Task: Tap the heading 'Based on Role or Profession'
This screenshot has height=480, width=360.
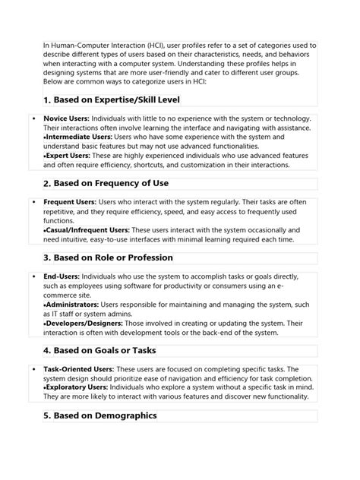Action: tap(113, 257)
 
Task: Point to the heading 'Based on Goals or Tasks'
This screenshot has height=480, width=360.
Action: tap(106, 350)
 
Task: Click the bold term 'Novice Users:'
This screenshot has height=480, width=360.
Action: tap(67, 119)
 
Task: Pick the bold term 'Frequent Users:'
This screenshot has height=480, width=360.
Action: tap(70, 202)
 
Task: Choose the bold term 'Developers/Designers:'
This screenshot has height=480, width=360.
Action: tap(81, 324)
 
